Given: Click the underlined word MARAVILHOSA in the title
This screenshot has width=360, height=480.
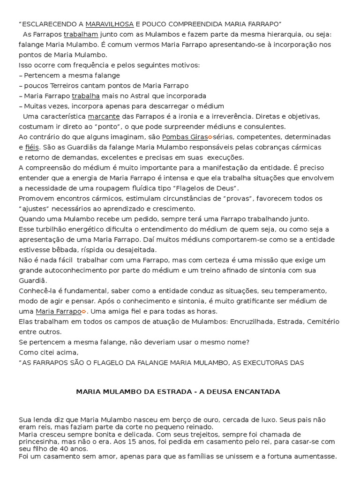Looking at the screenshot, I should pos(110,24).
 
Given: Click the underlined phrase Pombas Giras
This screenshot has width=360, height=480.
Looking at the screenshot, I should pos(185,137).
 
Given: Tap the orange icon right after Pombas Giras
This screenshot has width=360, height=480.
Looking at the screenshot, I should pos(210,137).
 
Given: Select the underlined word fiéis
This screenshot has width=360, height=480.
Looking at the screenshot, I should pos(32,148).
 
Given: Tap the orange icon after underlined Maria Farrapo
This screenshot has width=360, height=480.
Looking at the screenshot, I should pos(84,312).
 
